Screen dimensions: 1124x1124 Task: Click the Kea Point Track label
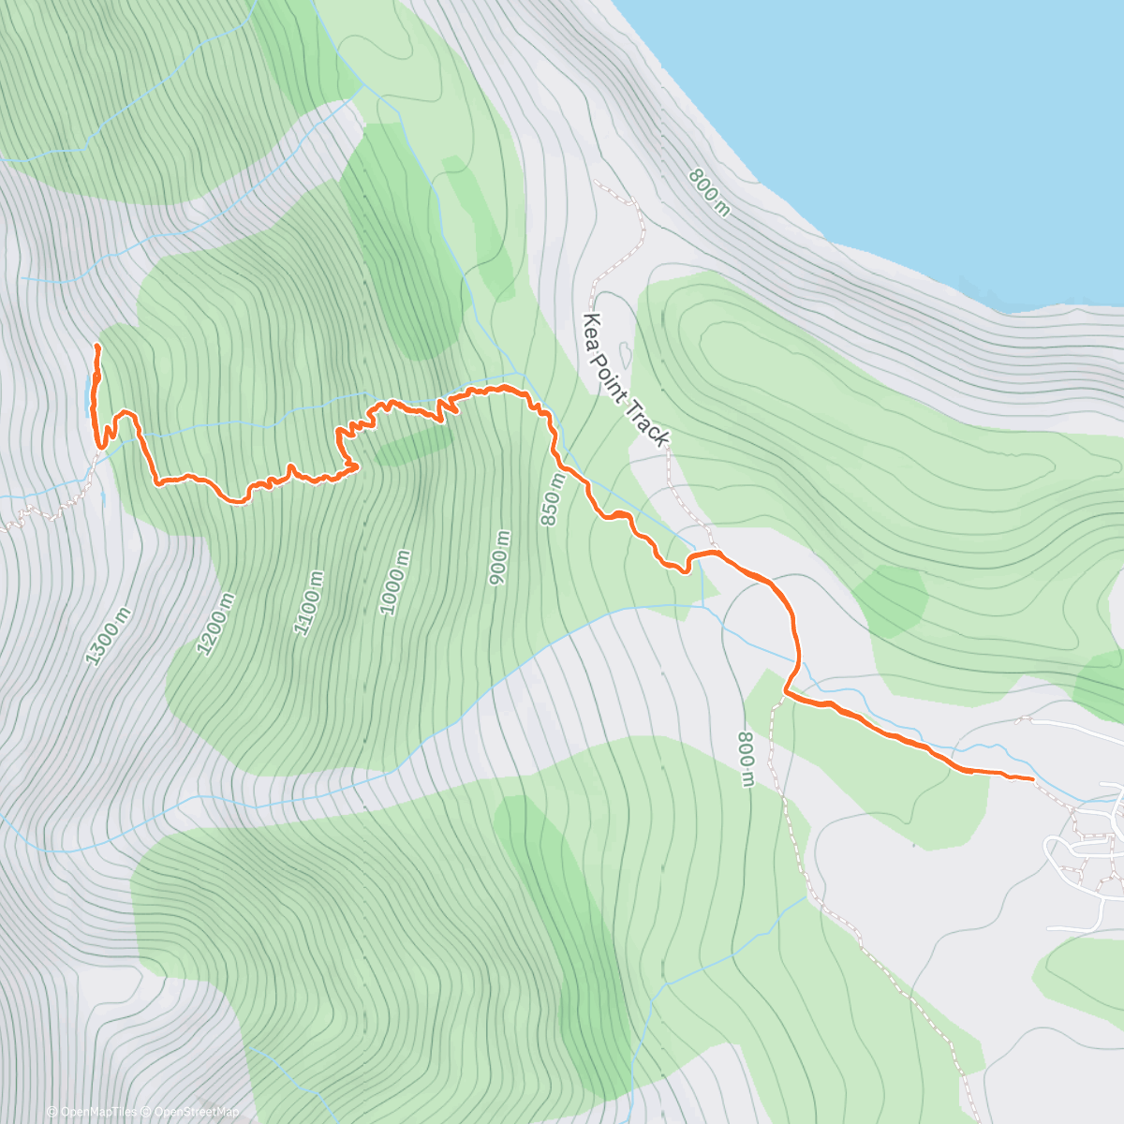point(625,379)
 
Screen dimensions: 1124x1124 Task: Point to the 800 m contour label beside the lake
point(708,192)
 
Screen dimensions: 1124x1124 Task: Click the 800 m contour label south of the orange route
point(746,760)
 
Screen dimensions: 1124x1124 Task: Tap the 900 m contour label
point(500,559)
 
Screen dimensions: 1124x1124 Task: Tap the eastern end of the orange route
point(1032,778)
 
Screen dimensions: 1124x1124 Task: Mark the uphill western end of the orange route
point(96,347)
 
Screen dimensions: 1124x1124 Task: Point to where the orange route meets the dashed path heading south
point(785,694)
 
